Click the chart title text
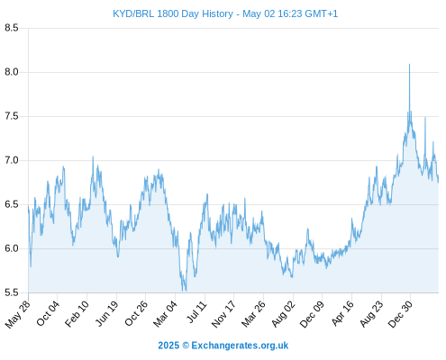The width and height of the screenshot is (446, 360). pyautogui.click(x=225, y=13)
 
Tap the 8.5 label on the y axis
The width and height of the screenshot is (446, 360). pyautogui.click(x=12, y=28)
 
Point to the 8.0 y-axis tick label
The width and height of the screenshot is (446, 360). pyautogui.click(x=12, y=72)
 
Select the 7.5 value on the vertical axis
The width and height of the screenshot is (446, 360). pyautogui.click(x=12, y=116)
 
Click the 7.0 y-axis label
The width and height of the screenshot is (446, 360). pyautogui.click(x=12, y=160)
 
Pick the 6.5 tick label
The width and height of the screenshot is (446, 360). pyautogui.click(x=12, y=204)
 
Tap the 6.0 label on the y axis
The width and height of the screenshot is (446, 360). pyautogui.click(x=12, y=248)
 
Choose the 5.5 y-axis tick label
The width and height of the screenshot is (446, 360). pyautogui.click(x=12, y=292)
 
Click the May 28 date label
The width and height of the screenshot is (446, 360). pyautogui.click(x=17, y=314)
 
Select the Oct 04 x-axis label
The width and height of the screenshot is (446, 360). pyautogui.click(x=48, y=313)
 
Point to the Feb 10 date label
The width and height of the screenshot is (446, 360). pyautogui.click(x=77, y=313)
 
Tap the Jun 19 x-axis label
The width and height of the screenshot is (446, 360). pyautogui.click(x=107, y=313)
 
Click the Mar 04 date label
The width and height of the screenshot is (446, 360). pyautogui.click(x=165, y=313)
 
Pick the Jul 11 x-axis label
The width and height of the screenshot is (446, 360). pyautogui.click(x=197, y=312)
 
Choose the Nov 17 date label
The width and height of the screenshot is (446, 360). pyautogui.click(x=223, y=314)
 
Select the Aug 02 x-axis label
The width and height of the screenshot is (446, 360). pyautogui.click(x=283, y=314)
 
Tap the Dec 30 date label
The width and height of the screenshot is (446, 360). pyautogui.click(x=400, y=314)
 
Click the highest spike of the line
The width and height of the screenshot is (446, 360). pyautogui.click(x=409, y=64)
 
